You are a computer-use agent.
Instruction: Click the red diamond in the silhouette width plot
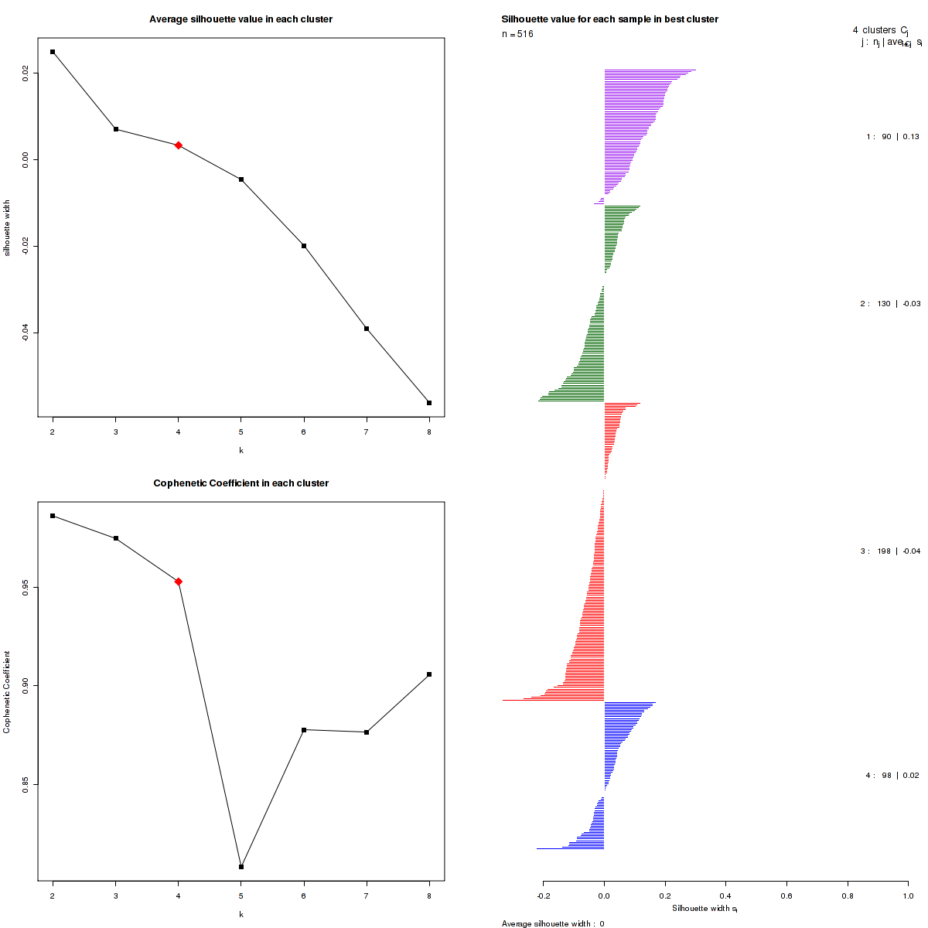179,145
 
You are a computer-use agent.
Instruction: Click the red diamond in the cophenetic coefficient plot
179,582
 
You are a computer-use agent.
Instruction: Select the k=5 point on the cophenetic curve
241,867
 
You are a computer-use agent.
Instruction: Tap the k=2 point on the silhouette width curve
53,52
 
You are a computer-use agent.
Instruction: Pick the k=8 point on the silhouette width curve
429,403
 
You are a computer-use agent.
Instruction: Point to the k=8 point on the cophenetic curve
429,674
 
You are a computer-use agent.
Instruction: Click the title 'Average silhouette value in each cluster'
241,19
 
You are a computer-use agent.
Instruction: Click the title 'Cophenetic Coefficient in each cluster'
241,483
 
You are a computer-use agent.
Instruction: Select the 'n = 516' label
517,34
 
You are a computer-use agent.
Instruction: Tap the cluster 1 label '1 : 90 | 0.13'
892,137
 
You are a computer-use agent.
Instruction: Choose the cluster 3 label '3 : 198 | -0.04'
890,551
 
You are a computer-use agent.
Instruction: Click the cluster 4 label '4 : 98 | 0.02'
892,775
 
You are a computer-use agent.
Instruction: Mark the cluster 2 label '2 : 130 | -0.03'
890,304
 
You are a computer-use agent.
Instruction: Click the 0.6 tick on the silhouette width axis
786,896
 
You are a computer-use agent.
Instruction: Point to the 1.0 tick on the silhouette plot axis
908,896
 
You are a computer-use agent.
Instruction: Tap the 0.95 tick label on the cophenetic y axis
26,588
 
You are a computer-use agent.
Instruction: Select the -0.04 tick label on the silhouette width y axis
26,332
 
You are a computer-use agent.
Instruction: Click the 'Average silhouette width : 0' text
553,923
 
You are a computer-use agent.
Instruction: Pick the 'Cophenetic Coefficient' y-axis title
7,692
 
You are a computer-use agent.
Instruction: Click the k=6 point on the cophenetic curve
304,730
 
